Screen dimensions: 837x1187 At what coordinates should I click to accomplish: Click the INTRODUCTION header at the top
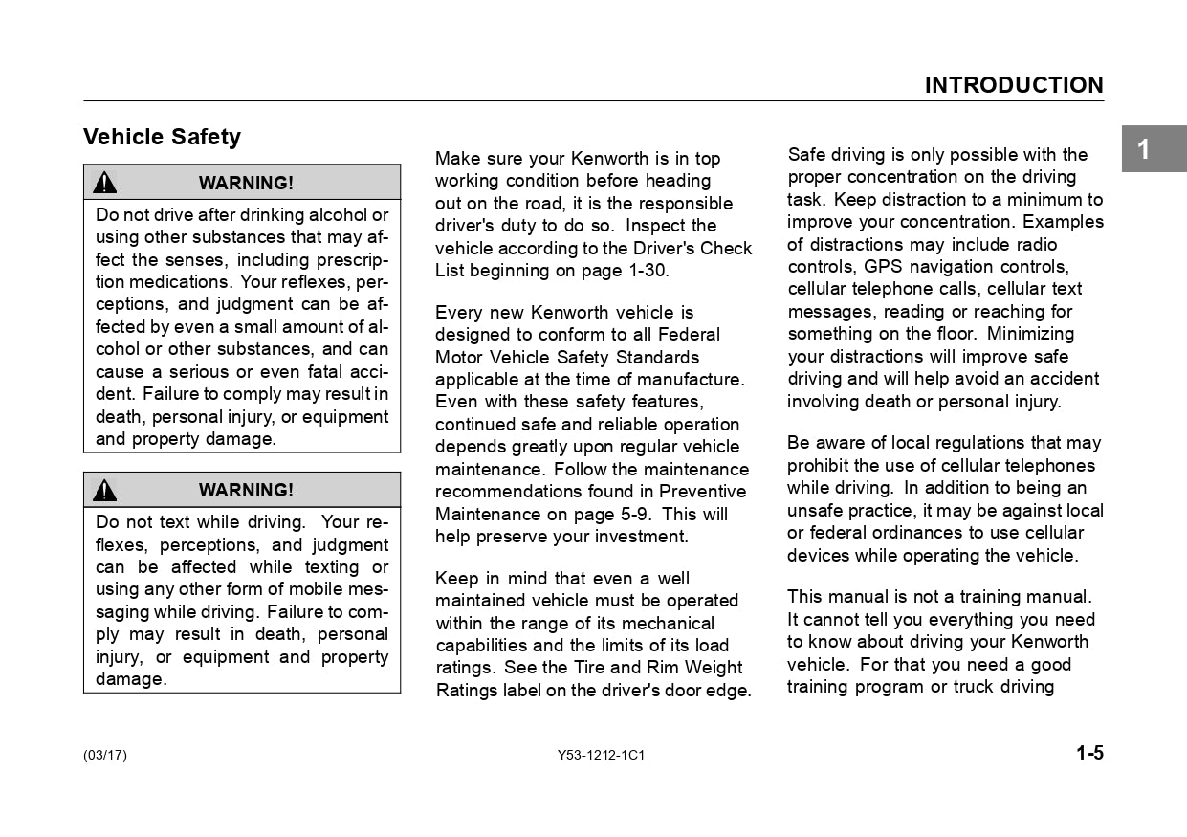(1013, 85)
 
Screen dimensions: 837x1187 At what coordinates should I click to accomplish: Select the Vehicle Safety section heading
(162, 137)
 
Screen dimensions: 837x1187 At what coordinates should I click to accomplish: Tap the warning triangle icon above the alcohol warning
(105, 183)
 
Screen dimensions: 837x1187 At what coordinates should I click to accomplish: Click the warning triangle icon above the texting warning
(105, 490)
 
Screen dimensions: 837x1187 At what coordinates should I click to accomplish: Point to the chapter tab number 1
(1143, 149)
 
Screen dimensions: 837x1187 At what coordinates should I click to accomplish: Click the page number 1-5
(1089, 753)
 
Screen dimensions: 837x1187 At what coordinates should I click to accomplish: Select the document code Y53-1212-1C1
(601, 755)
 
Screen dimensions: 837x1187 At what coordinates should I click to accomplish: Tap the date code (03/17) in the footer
(105, 755)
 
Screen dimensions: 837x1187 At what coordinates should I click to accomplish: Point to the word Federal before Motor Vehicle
(689, 335)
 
